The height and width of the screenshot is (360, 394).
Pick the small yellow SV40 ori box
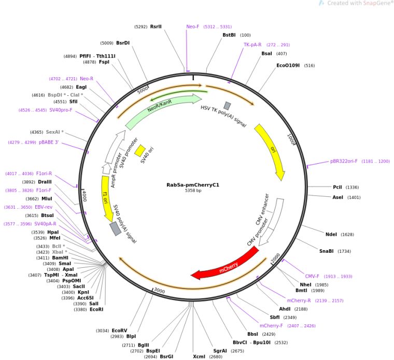[140, 150]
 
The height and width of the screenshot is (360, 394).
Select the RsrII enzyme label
[156, 26]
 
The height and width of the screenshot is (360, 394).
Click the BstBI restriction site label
[229, 35]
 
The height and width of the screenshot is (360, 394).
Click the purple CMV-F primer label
[312, 276]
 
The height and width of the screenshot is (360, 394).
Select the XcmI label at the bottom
[199, 356]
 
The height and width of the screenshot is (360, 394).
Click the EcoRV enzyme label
[119, 330]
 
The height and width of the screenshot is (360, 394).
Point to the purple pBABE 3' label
[49, 142]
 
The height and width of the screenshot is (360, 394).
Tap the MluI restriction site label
[47, 198]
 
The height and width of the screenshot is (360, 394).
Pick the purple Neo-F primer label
[192, 26]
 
